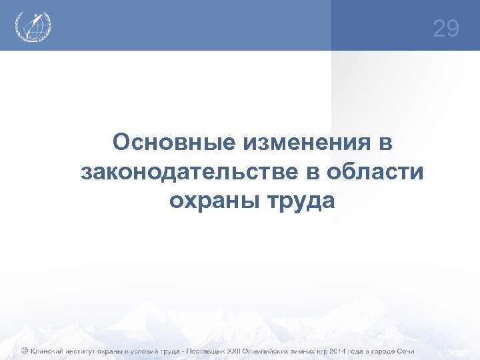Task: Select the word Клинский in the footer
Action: (47, 351)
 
